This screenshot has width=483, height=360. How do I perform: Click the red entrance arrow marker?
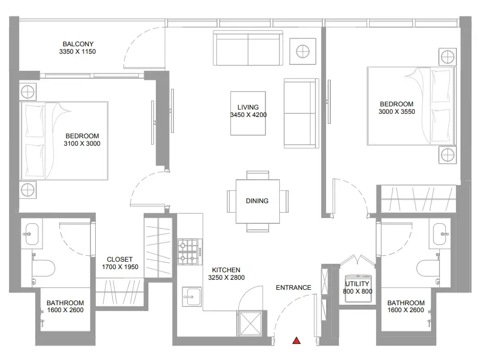[296, 340]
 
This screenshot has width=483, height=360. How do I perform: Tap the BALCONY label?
[78, 44]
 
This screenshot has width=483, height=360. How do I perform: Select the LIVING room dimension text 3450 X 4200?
[248, 115]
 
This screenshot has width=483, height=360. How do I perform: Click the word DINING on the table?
[257, 201]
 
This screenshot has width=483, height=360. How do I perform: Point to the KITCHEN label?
[226, 270]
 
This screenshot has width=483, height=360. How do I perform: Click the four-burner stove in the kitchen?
[190, 252]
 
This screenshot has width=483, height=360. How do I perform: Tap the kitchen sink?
[191, 297]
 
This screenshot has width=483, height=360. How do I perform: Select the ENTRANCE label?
[294, 288]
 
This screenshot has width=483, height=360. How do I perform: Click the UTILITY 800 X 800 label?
[357, 287]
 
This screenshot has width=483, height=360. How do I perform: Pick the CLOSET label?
[120, 259]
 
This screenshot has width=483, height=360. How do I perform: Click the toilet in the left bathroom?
[44, 268]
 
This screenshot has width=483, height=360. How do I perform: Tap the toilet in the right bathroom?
[428, 268]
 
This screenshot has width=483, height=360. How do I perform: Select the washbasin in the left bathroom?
[31, 234]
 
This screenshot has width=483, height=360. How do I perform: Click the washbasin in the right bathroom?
[440, 234]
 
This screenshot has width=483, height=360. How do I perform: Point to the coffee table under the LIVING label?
[248, 113]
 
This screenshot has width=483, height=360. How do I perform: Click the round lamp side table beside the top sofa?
[303, 52]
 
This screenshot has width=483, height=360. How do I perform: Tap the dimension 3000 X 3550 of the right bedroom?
[397, 112]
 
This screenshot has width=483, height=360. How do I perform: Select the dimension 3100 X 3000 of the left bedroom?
[82, 144]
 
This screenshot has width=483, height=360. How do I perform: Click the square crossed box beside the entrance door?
[251, 323]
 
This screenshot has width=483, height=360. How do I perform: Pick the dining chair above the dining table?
[257, 175]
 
